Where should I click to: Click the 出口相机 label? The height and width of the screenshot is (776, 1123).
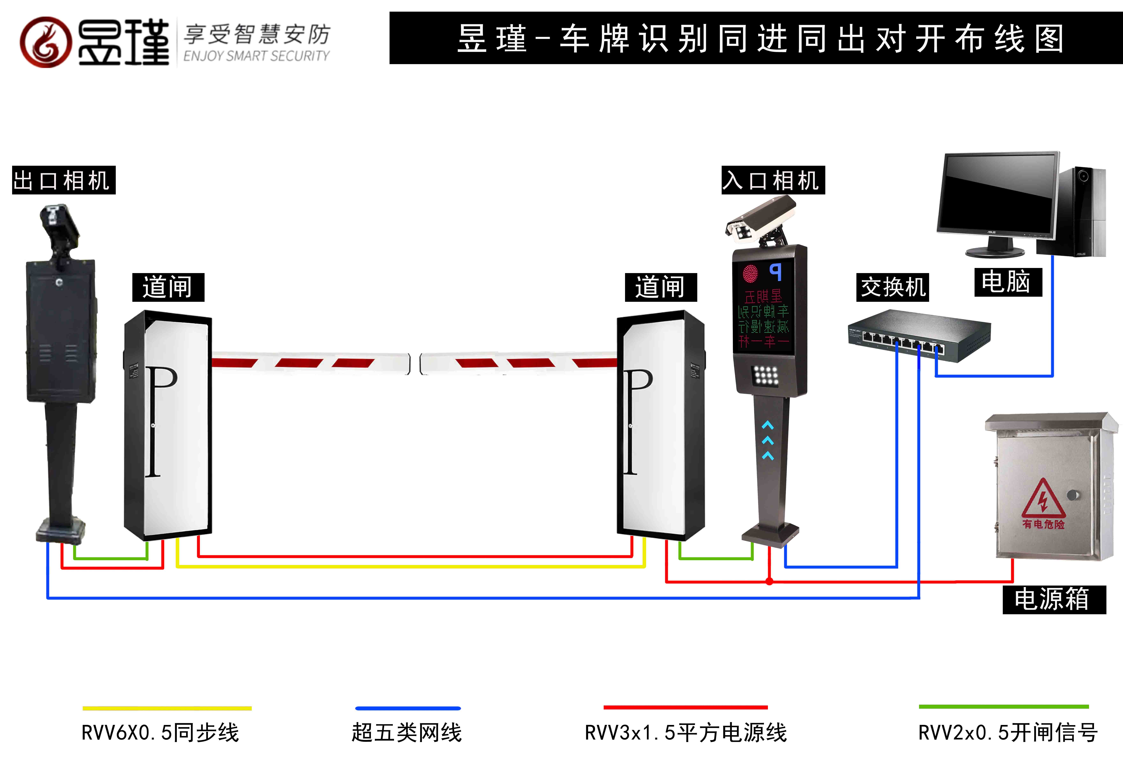(x=63, y=180)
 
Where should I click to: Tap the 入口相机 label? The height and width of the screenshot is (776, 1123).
(x=773, y=180)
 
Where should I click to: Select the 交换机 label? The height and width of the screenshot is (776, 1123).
(x=892, y=287)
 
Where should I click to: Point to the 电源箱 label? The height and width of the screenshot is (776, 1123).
(x=1053, y=599)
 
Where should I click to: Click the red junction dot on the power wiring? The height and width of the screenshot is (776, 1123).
(x=769, y=581)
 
